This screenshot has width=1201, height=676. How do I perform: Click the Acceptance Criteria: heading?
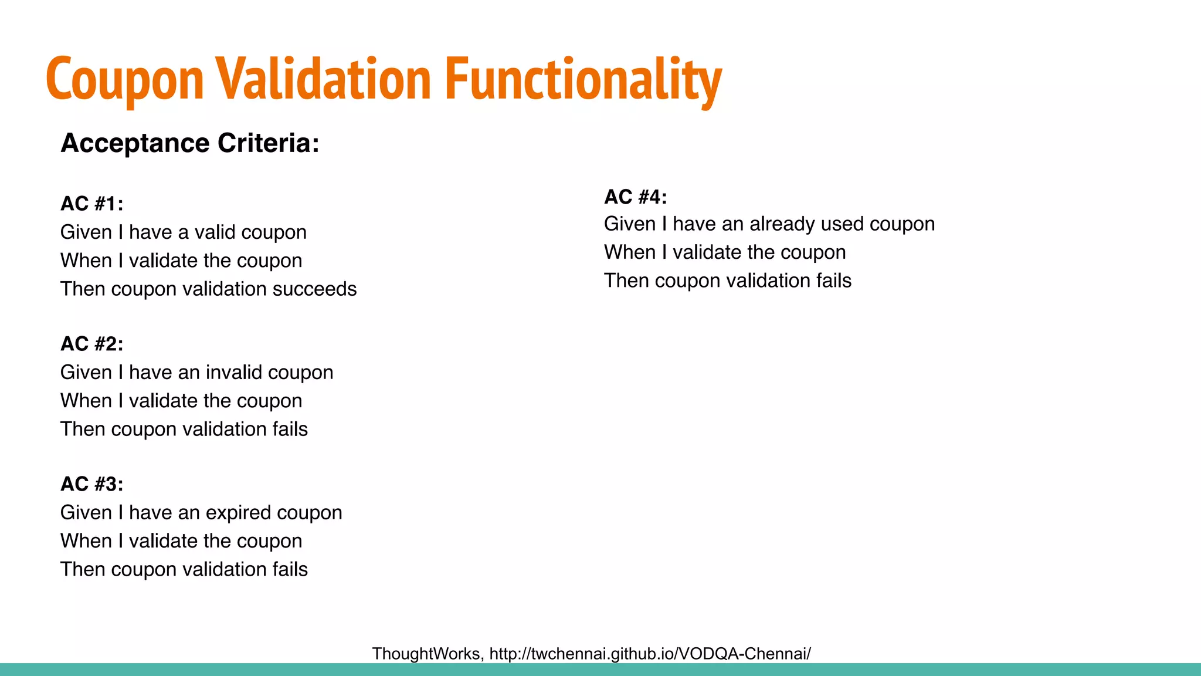point(190,143)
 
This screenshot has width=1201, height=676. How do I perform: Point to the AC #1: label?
point(92,204)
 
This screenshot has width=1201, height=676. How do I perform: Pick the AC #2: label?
point(92,344)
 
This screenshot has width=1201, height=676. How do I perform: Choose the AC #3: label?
point(92,484)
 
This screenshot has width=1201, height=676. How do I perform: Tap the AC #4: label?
point(636,197)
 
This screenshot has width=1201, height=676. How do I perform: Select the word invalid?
point(234,373)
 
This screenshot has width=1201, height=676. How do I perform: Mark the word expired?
point(238,513)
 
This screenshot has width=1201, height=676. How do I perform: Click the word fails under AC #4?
point(833,281)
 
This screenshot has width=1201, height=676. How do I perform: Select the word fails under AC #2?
point(290,430)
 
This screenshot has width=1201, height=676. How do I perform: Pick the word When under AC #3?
point(86,541)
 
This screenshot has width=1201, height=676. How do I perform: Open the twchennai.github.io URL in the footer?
point(650,654)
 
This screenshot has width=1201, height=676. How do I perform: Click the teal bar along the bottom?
point(600,670)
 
